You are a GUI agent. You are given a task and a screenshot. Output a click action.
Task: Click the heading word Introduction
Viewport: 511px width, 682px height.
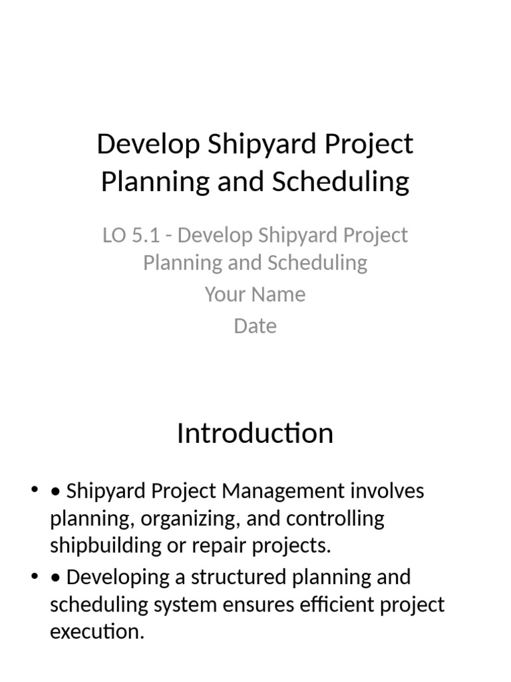tap(255, 434)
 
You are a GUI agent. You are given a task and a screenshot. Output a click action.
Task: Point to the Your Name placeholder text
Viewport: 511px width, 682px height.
tap(255, 294)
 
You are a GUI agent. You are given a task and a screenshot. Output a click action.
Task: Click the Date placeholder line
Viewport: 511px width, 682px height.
tap(255, 326)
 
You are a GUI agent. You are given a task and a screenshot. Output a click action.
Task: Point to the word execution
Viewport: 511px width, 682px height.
tap(96, 631)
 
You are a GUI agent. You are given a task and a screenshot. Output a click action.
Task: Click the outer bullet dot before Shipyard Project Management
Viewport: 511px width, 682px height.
tap(34, 492)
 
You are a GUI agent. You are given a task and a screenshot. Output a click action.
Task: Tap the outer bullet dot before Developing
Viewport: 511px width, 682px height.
tap(34, 577)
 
